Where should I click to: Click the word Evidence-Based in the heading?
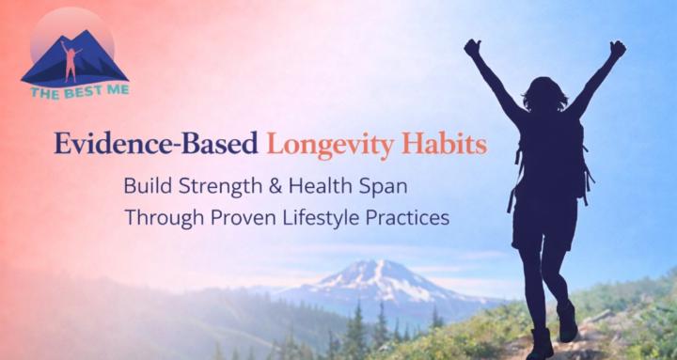[156, 147]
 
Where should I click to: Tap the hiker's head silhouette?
[544, 95]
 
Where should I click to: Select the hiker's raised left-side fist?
[473, 48]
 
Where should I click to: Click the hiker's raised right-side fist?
[617, 49]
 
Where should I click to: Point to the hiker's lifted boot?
[567, 321]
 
